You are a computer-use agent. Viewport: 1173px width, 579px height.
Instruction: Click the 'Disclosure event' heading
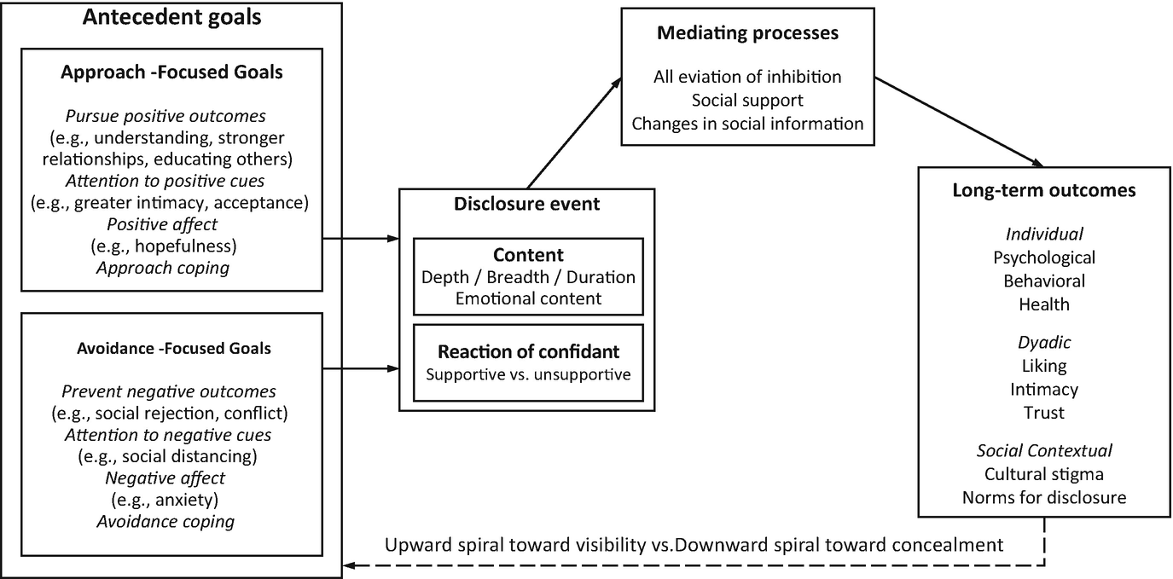(526, 204)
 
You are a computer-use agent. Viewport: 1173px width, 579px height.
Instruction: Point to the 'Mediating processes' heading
(747, 33)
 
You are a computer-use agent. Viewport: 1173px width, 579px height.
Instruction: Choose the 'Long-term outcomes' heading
(1043, 190)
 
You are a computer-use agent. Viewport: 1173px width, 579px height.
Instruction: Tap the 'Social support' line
(747, 100)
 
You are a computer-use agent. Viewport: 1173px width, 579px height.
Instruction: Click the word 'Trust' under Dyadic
(1043, 413)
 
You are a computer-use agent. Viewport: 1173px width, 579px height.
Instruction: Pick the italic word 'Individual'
(1043, 234)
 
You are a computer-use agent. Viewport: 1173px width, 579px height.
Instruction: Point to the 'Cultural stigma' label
(1043, 474)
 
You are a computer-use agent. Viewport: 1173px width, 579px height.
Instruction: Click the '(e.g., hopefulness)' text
(164, 246)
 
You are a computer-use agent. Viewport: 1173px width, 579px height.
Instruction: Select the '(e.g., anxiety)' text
(164, 500)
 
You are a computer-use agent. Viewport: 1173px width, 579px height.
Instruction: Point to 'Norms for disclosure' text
(1043, 497)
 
